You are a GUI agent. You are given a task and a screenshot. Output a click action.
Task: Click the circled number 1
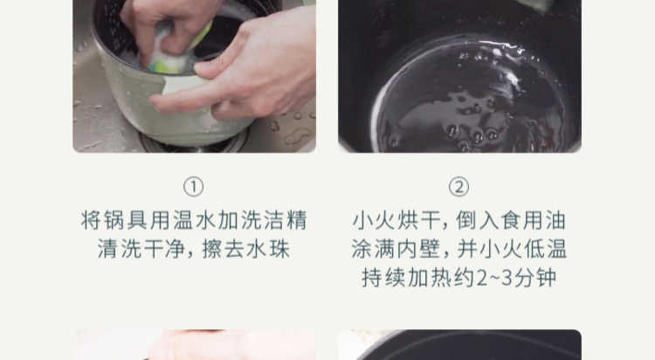point(193,187)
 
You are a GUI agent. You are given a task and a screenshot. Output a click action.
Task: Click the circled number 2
point(458,187)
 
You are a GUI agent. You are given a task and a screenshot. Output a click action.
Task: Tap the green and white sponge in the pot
point(176,50)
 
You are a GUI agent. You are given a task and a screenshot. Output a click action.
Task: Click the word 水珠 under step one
point(268,249)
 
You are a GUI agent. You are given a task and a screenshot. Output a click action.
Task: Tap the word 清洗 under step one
point(120,249)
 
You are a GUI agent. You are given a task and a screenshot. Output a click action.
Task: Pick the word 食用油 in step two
point(534,220)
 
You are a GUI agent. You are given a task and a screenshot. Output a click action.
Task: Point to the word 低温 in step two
point(546,249)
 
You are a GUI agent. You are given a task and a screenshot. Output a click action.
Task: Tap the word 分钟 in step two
point(535,278)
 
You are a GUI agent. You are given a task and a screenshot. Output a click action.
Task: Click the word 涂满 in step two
point(373,249)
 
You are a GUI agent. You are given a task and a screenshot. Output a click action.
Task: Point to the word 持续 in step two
point(384,278)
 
